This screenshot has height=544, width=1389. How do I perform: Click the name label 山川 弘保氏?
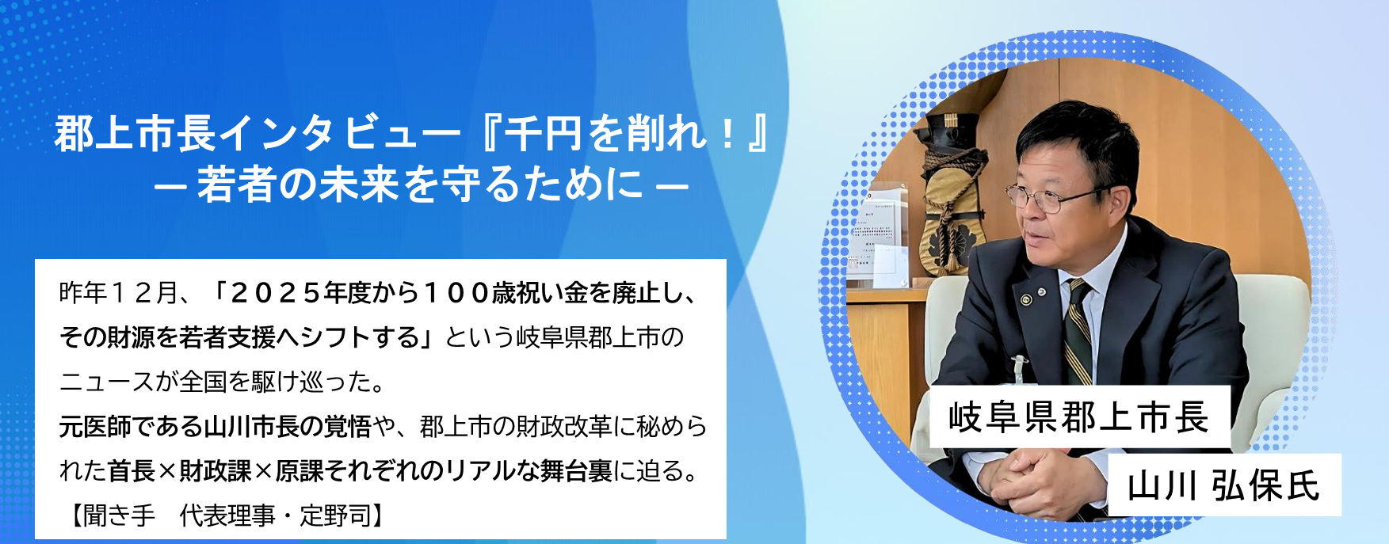tap(1223, 485)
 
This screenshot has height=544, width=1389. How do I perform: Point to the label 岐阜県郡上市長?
tap(1078, 417)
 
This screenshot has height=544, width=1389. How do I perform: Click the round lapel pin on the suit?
tap(1026, 299)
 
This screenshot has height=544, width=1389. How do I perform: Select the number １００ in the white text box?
tap(457, 294)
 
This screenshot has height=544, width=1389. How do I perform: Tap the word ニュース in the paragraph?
tap(107, 382)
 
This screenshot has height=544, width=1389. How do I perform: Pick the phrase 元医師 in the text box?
tap(95, 427)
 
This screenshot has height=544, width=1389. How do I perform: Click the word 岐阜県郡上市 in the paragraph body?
tap(588, 338)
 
